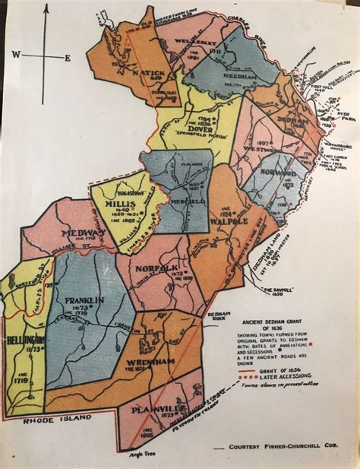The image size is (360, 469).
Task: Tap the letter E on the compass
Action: point(67,58)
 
